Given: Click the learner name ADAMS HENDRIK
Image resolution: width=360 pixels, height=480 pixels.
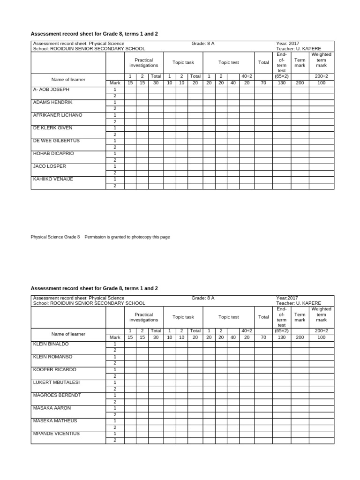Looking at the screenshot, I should [x=52, y=102].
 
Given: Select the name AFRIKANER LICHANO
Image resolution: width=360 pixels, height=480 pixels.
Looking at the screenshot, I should [x=57, y=115].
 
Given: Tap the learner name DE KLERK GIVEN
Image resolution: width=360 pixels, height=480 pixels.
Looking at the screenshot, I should [x=52, y=128].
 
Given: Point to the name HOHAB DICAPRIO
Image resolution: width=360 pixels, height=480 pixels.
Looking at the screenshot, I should [x=53, y=153].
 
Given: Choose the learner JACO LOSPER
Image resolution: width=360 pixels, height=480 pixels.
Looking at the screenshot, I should [x=49, y=166].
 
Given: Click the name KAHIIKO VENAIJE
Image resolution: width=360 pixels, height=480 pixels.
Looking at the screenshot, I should [x=53, y=179].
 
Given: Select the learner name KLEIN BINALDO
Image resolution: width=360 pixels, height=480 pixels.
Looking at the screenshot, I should [x=51, y=344].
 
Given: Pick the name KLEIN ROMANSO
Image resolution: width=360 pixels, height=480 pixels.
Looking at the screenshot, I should [x=52, y=357].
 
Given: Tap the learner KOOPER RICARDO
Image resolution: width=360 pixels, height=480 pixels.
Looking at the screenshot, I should [x=53, y=369].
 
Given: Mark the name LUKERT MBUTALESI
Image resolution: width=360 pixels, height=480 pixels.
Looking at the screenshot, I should [x=56, y=382].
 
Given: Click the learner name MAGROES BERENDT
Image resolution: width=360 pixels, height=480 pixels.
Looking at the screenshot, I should [x=57, y=395].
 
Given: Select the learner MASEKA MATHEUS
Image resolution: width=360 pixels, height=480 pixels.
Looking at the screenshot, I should [x=55, y=421].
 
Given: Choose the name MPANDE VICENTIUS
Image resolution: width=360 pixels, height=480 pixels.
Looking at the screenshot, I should [x=56, y=434].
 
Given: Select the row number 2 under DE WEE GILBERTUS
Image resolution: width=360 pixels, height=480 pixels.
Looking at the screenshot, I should [x=115, y=147].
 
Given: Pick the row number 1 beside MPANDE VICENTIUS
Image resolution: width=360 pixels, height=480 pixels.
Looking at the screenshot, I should [x=115, y=434].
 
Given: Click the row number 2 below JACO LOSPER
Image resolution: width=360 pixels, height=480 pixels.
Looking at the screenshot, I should [x=115, y=172].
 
